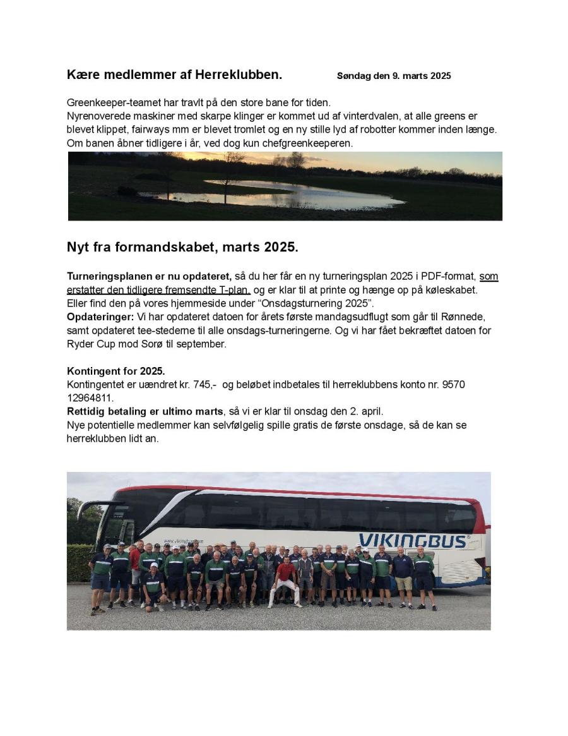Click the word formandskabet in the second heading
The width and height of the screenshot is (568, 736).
click(169, 247)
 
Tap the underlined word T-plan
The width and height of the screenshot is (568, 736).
click(235, 290)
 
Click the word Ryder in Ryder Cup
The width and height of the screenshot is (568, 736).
click(81, 344)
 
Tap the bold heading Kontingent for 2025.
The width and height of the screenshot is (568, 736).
click(115, 371)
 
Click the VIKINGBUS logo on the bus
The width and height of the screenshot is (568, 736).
click(413, 541)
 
